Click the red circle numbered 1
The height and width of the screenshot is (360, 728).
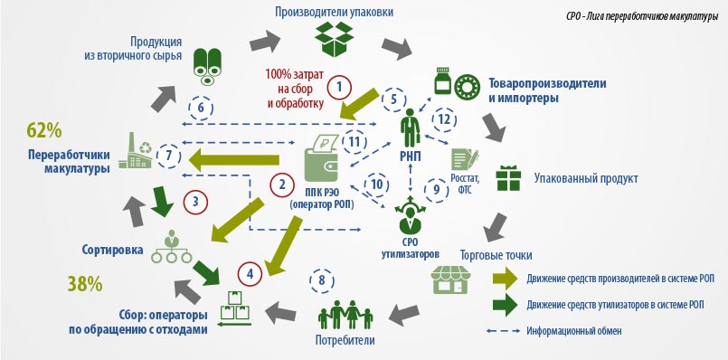[339, 87]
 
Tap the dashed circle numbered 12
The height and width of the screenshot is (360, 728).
[444, 119]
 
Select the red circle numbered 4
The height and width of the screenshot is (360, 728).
[251, 274]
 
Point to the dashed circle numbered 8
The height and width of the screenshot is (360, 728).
[322, 281]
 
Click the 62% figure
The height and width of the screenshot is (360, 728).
[44, 130]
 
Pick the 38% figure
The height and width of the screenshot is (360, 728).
[85, 283]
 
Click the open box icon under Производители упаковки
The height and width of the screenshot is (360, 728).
[335, 39]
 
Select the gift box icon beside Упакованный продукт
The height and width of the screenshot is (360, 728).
[508, 178]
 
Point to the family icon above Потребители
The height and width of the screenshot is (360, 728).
[345, 316]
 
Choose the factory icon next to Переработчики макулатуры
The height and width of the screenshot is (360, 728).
[135, 150]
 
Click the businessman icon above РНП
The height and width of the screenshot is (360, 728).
[411, 128]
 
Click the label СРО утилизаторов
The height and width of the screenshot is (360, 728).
[411, 249]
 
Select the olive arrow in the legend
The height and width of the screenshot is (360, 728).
[505, 279]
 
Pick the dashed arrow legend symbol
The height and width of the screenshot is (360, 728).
[503, 331]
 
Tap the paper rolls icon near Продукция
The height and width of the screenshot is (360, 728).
[207, 66]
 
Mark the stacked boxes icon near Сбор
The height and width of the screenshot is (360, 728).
[235, 308]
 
